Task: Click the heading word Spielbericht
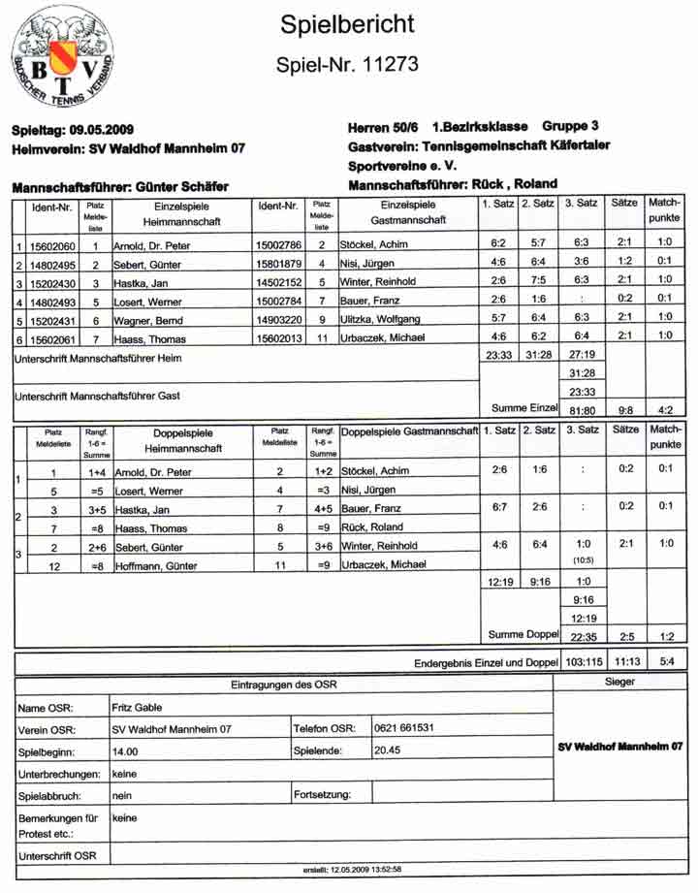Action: pyautogui.click(x=347, y=25)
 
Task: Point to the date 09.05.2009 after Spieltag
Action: pyautogui.click(x=99, y=130)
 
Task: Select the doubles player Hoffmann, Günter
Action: pyautogui.click(x=151, y=564)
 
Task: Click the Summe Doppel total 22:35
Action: pyautogui.click(x=583, y=635)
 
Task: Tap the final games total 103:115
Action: pyautogui.click(x=582, y=664)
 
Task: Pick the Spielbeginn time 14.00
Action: pyautogui.click(x=125, y=750)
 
